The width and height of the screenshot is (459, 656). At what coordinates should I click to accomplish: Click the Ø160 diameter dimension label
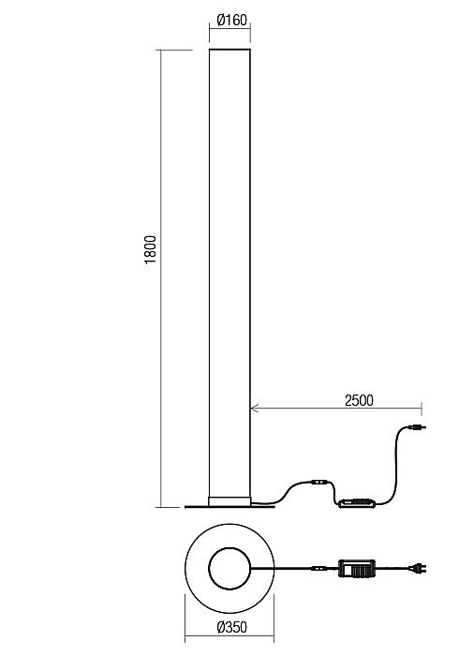point(232,20)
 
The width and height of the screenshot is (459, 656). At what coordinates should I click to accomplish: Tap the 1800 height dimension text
point(150,249)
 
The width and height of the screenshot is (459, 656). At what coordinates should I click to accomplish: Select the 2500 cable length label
point(359,400)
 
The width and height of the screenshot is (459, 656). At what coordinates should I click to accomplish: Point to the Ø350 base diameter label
point(232,627)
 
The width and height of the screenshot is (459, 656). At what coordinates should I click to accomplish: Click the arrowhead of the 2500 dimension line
point(254,408)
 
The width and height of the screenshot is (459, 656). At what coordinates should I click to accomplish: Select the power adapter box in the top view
point(357,568)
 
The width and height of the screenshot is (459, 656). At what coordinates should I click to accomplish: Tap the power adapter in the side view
point(357,502)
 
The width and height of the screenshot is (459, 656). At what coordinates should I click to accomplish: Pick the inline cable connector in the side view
point(319,483)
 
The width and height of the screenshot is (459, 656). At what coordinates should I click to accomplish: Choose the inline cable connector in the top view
point(319,568)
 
